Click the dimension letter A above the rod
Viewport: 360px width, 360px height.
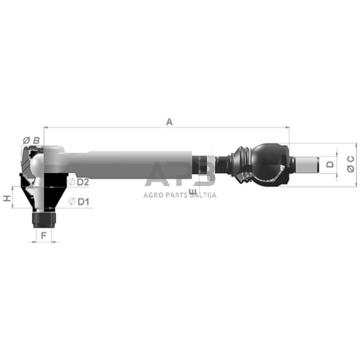[170, 122]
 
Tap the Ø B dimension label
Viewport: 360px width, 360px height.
[31, 140]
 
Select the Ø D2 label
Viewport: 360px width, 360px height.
[80, 182]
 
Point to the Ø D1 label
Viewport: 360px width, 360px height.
[80, 201]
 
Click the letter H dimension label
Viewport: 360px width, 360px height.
[7, 198]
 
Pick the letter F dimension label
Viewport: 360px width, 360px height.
[43, 234]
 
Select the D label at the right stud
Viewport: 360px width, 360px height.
[329, 164]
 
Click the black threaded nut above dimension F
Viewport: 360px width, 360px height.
[43, 217]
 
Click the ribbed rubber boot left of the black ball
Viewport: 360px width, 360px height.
[242, 164]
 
